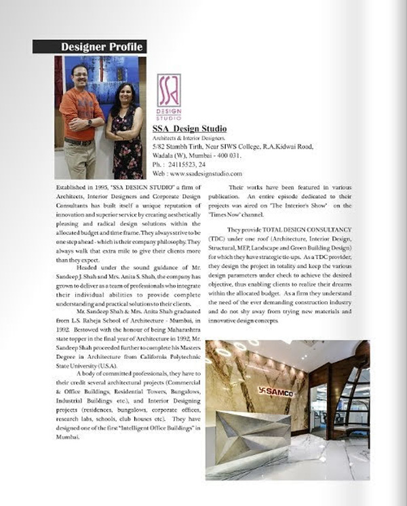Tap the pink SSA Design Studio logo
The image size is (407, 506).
coord(169,96)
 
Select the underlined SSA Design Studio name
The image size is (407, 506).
coord(189,129)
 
